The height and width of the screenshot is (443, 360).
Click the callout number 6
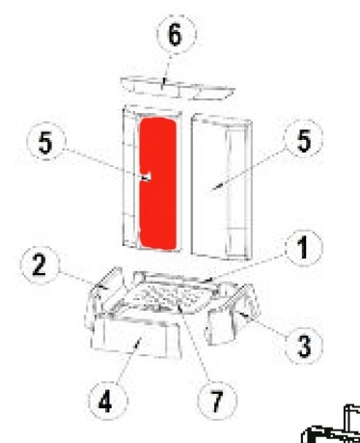pyautogui.click(x=176, y=34)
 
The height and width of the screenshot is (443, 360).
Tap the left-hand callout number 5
pyautogui.click(x=45, y=142)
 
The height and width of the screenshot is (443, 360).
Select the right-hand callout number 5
pyautogui.click(x=304, y=141)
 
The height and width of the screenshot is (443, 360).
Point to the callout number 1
pyautogui.click(x=303, y=248)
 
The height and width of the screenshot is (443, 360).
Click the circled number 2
pyautogui.click(x=40, y=265)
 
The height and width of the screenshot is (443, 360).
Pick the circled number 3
pyautogui.click(x=304, y=346)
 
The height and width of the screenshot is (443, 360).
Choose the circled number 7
pyautogui.click(x=217, y=401)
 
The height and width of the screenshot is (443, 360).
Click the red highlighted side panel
pyautogui.click(x=158, y=183)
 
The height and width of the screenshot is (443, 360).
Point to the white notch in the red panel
pyautogui.click(x=146, y=177)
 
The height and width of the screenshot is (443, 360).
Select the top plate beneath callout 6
pyautogui.click(x=178, y=88)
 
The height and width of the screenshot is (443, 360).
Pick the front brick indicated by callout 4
pyautogui.click(x=137, y=336)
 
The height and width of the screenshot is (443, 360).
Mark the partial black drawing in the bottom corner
pyautogui.click(x=331, y=424)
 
